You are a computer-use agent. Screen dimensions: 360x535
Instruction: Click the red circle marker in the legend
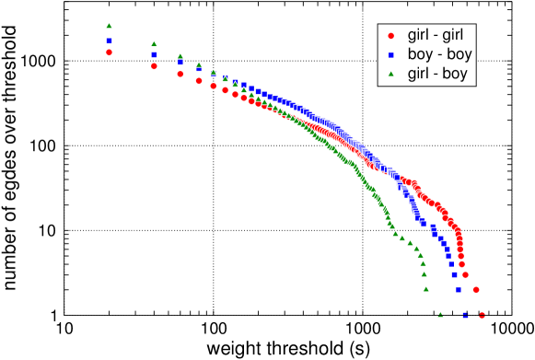coord(391,36)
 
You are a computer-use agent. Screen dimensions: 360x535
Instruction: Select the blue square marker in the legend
coord(391,55)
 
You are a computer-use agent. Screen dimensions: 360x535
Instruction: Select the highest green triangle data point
coord(109,26)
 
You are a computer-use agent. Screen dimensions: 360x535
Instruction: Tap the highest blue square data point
coord(109,41)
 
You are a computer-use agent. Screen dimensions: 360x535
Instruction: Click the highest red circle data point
coord(109,52)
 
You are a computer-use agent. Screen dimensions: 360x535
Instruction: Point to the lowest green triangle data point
coord(440,314)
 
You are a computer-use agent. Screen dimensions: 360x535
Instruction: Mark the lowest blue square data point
coord(465,315)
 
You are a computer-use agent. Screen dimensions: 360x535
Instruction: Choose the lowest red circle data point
coord(482,315)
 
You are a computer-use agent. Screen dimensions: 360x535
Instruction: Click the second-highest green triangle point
coord(154,44)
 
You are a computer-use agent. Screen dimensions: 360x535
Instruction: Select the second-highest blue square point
coord(154,55)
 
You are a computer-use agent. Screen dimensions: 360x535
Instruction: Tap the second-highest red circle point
coord(154,66)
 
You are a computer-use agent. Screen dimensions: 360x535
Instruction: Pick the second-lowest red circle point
coord(476,289)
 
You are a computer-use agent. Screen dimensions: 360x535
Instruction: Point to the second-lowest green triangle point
coord(426,288)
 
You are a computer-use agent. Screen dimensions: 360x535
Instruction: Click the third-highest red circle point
coord(180,74)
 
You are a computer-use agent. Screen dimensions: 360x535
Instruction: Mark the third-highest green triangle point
coord(180,56)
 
